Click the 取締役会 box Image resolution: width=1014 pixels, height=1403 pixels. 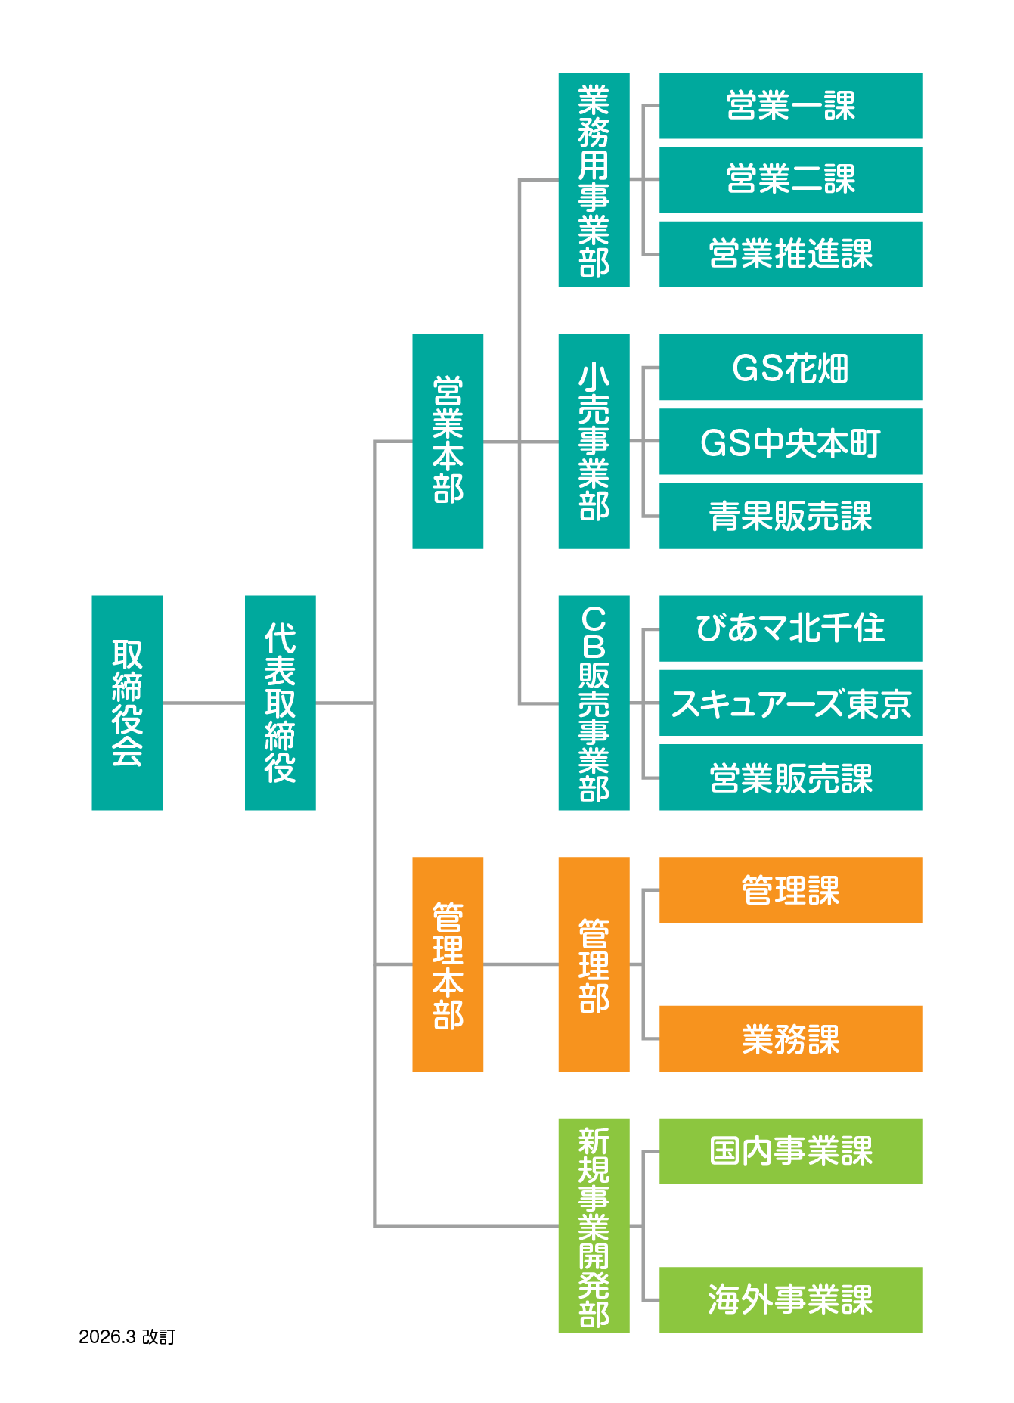[127, 703]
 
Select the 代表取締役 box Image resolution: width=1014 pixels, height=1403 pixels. [280, 703]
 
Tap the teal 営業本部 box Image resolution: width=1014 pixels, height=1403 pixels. [448, 441]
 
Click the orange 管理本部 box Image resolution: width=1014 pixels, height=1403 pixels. [448, 964]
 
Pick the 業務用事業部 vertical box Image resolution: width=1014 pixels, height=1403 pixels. [594, 180]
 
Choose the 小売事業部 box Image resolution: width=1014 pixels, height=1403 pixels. [594, 441]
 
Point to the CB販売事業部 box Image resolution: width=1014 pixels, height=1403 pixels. [594, 703]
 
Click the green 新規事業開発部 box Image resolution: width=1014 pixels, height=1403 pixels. [594, 1225]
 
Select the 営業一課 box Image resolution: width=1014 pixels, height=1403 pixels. [790, 106]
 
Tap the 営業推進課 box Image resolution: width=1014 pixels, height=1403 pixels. [790, 254]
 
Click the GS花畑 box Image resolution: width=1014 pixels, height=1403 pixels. [790, 368]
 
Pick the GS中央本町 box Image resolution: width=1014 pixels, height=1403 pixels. [790, 442]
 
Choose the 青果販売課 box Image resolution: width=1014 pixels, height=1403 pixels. [790, 516]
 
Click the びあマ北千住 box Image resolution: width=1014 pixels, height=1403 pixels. [790, 629]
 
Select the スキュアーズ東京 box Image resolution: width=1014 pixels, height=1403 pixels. [790, 703]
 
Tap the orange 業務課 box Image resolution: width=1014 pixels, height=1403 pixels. [790, 1038]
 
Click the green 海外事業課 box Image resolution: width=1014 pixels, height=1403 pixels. [790, 1299]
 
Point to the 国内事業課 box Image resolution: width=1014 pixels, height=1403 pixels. [790, 1151]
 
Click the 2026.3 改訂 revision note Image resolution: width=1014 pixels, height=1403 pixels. [127, 1336]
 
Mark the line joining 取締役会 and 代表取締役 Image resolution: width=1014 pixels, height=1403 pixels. [203, 703]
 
